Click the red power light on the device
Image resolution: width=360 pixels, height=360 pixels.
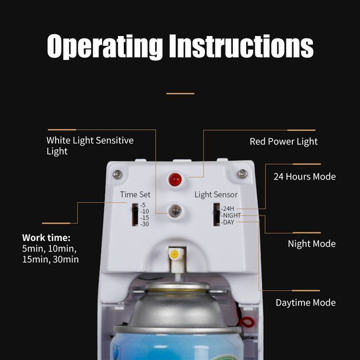(175, 179)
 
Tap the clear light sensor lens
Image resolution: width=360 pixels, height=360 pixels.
(175, 211)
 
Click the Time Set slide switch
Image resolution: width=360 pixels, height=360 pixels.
(135, 215)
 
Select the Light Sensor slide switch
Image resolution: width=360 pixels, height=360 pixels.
(217, 214)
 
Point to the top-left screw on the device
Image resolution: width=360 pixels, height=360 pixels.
(118, 175)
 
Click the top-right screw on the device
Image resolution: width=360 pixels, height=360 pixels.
(242, 174)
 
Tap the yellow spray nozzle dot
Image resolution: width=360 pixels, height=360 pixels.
(175, 255)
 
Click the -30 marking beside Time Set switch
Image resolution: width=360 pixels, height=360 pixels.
(145, 224)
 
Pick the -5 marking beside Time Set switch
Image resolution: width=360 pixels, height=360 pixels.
(143, 205)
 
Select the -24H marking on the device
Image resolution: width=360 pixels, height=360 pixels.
(228, 209)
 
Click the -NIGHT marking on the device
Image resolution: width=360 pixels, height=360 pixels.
(231, 215)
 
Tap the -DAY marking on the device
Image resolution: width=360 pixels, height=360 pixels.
(228, 222)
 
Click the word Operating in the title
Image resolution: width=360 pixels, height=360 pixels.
(105, 47)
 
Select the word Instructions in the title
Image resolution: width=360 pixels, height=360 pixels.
(241, 46)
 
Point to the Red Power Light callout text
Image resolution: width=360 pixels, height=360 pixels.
(284, 142)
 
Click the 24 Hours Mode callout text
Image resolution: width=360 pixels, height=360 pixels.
(304, 176)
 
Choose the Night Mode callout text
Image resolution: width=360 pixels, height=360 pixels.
(311, 244)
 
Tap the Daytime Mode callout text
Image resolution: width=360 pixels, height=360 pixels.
(305, 303)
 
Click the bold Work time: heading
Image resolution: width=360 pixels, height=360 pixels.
(46, 238)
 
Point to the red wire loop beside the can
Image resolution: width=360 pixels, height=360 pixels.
(247, 322)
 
